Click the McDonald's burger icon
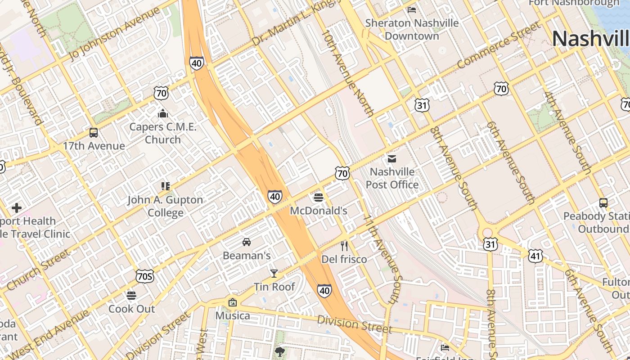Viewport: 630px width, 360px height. (319, 197)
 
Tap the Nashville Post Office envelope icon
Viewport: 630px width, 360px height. (392, 158)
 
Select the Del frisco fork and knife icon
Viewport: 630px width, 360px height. (344, 246)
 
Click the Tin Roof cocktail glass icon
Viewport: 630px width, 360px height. (274, 273)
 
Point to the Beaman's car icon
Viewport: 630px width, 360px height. (247, 242)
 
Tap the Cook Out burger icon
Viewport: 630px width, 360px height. (131, 296)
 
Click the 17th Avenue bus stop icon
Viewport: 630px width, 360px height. (94, 133)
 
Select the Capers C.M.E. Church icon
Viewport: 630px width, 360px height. (162, 113)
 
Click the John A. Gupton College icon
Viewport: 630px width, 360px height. (165, 186)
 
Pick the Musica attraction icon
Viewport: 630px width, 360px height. (233, 302)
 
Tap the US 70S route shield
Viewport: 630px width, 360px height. (144, 276)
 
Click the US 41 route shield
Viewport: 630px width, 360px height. (535, 256)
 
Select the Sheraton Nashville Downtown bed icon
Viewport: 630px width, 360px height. (411, 9)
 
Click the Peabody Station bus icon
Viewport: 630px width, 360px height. (603, 203)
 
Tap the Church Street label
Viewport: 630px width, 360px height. (39, 270)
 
